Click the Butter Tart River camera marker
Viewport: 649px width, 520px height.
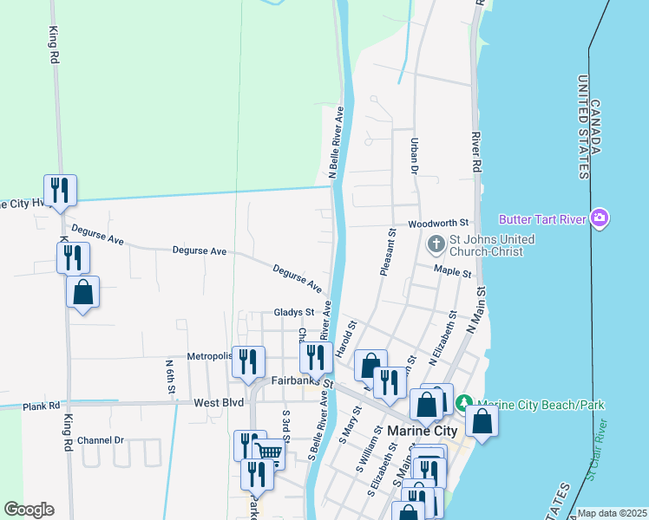click(x=599, y=218)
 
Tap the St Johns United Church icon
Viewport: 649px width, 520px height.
click(x=436, y=246)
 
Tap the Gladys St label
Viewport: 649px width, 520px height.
click(x=293, y=312)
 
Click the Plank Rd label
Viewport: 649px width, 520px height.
click(x=41, y=405)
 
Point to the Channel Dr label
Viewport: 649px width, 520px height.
click(x=101, y=440)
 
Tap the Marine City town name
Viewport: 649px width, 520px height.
click(x=422, y=431)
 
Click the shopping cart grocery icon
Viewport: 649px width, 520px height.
click(x=269, y=452)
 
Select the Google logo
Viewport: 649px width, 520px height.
click(x=29, y=510)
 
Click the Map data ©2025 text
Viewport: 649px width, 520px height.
click(x=612, y=513)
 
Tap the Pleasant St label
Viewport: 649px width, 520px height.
click(x=388, y=252)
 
